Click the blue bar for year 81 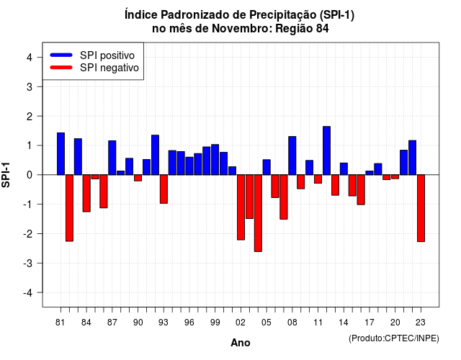[x=61, y=153]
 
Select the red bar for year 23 [x=421, y=208]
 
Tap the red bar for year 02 [x=241, y=207]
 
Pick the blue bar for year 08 [x=292, y=156]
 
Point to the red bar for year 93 [x=164, y=189]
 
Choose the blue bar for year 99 [x=215, y=160]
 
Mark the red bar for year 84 [x=86, y=193]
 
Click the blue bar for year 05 [x=267, y=167]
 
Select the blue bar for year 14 [x=344, y=168]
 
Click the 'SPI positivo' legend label [x=107, y=55]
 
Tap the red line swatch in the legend [x=61, y=68]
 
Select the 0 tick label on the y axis [x=29, y=175]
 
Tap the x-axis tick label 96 [x=189, y=323]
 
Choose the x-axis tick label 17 [x=370, y=323]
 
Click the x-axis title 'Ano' [x=241, y=343]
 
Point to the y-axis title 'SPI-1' [x=6, y=175]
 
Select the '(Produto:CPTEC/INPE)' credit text [x=394, y=338]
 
